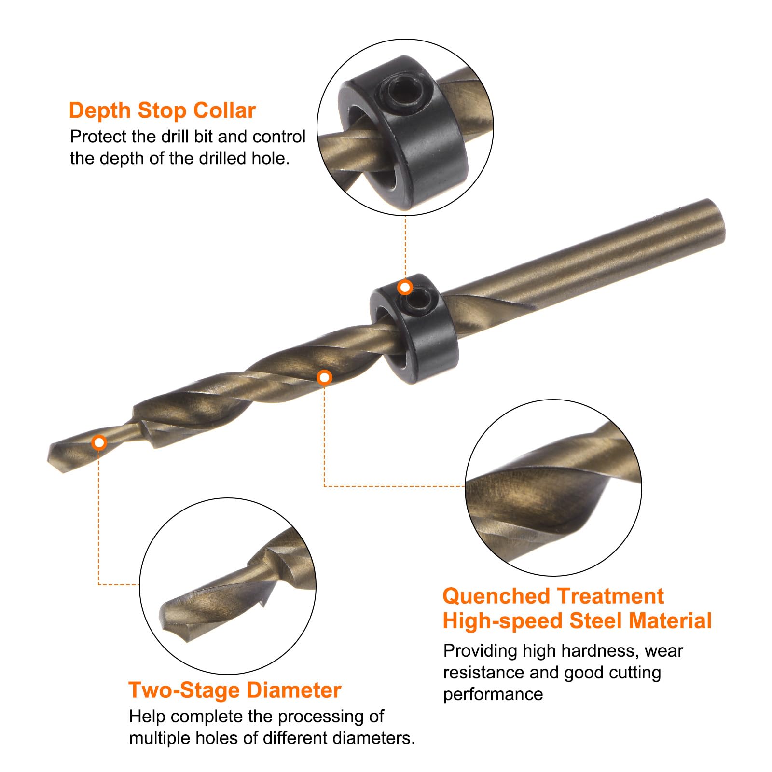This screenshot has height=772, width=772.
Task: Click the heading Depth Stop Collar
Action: tap(162, 110)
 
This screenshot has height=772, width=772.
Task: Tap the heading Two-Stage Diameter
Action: tap(235, 690)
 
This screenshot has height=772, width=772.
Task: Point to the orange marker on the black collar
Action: tap(405, 288)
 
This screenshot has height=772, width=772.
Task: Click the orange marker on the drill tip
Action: tap(99, 442)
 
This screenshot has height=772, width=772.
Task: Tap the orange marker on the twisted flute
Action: tap(325, 377)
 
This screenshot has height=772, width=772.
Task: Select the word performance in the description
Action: tap(493, 695)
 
